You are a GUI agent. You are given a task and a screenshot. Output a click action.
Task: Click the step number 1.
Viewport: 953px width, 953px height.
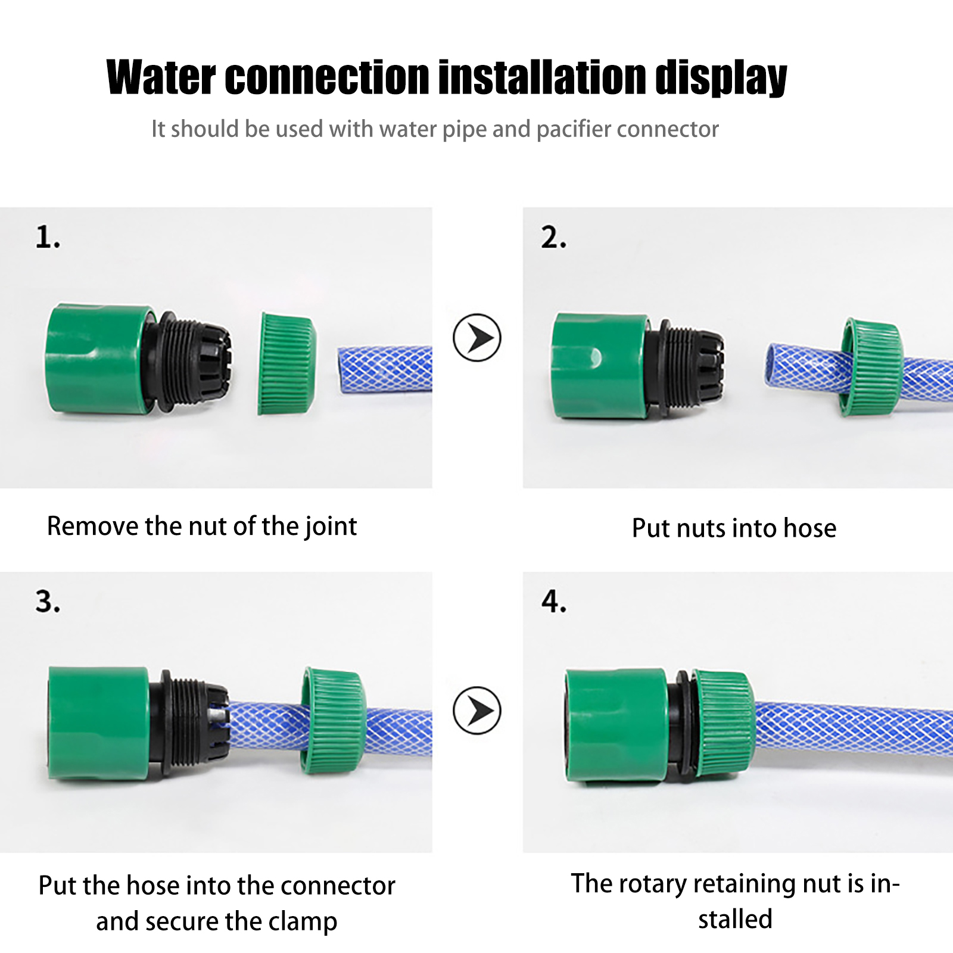pos(47,238)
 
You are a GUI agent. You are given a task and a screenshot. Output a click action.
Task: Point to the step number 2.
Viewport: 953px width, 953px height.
pos(553,238)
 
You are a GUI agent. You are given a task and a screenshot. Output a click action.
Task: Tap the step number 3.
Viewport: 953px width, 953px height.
pos(48,602)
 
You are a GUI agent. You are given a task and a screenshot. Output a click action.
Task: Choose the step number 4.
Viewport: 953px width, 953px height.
pos(554,602)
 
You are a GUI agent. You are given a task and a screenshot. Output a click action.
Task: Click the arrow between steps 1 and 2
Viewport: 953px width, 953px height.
pos(477,337)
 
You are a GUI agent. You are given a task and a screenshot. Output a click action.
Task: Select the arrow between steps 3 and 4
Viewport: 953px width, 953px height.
pos(477,710)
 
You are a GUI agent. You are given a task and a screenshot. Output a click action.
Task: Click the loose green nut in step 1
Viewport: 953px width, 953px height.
pos(286,363)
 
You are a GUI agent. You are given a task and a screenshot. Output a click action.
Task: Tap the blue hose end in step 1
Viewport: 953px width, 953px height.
pos(385,369)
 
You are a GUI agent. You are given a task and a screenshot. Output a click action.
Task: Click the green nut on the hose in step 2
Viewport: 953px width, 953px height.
pos(870,367)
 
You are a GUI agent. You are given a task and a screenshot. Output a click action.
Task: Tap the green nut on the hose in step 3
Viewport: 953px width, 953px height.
pos(332,720)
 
